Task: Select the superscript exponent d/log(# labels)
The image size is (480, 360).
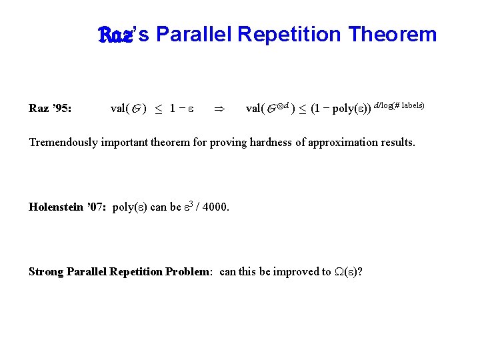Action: click(x=399, y=105)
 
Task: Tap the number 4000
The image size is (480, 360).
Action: click(x=215, y=207)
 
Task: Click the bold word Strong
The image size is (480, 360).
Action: click(x=46, y=271)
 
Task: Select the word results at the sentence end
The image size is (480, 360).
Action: click(x=396, y=142)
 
